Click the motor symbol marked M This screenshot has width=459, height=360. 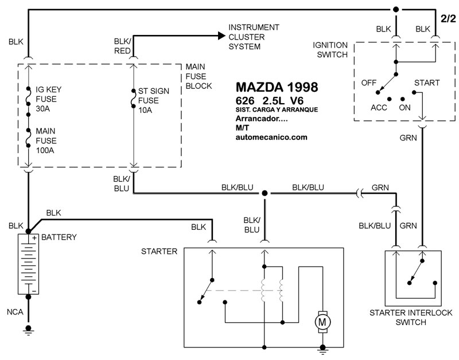(322, 323)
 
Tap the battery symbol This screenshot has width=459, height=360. (28, 264)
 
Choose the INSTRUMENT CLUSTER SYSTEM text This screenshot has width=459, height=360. (254, 37)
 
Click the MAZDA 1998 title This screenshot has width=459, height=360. (277, 88)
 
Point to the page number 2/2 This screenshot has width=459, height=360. (448, 18)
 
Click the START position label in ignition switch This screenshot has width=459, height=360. (426, 83)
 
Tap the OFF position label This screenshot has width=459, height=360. (368, 83)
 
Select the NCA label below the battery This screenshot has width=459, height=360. (15, 312)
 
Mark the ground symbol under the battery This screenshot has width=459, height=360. (28, 330)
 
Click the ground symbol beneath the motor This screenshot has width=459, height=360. (322, 348)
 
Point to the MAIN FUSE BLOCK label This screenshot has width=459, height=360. (199, 76)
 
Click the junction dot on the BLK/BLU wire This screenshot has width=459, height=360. (264, 194)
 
